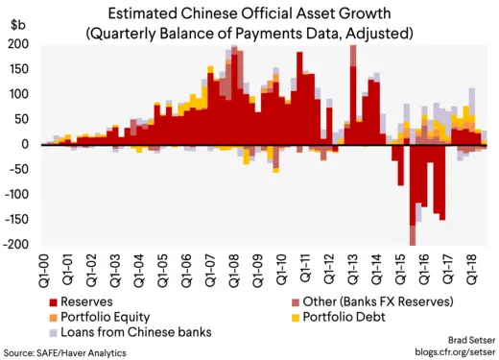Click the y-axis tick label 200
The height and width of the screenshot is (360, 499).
(x=18, y=45)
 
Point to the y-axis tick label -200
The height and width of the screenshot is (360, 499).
(x=16, y=244)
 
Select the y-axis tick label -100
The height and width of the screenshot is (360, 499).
(x=16, y=194)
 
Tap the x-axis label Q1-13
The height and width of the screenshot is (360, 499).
(x=352, y=270)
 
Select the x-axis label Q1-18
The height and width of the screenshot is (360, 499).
(x=471, y=270)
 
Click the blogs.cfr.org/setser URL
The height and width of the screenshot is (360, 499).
(x=445, y=352)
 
